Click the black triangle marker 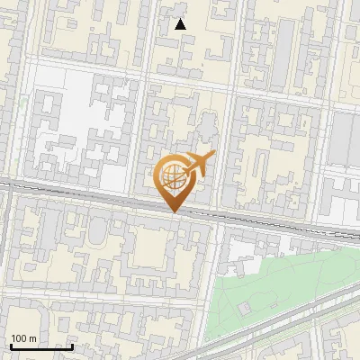[x=181, y=24]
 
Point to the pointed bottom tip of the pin [x=174, y=212]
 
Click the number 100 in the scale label [x=20, y=338]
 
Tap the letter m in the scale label [x=33, y=338]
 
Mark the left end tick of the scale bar [x=11, y=346]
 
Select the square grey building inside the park [x=245, y=308]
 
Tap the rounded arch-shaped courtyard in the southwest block [x=97, y=236]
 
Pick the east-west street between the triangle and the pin [x=180, y=83]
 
